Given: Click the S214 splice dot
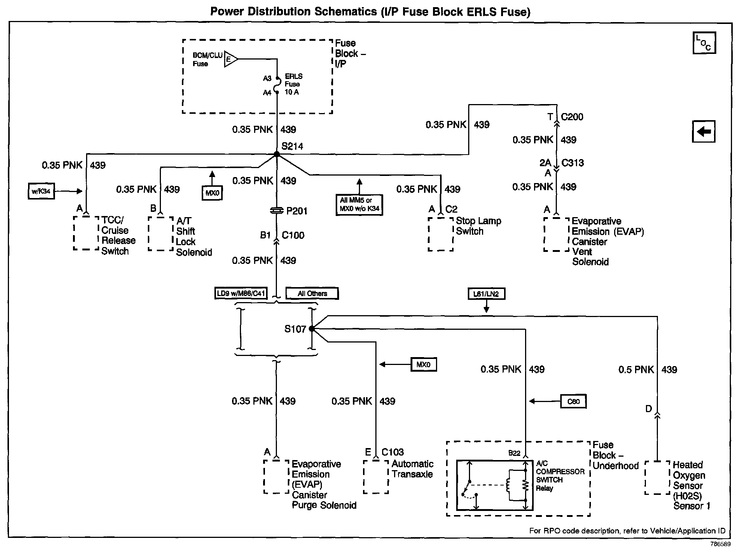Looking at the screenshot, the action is [x=277, y=154].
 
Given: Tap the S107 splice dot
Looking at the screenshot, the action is [x=312, y=329].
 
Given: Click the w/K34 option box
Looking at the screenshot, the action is [x=41, y=191].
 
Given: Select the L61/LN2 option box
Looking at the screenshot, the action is [x=486, y=294].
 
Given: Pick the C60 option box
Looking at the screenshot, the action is [x=573, y=401].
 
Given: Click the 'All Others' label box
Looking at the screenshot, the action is [x=312, y=293].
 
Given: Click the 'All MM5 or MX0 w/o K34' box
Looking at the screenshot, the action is [x=359, y=205].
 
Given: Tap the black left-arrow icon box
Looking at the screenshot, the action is [x=704, y=131].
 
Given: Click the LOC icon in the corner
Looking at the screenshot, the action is [x=704, y=43].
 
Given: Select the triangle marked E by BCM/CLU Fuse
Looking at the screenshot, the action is [x=231, y=59].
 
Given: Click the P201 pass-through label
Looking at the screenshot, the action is [x=297, y=211].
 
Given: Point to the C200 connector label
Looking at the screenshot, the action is [x=572, y=117].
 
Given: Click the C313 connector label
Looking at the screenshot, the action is [x=573, y=163].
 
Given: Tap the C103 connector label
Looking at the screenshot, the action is [x=393, y=452].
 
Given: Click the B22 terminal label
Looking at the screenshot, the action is [x=514, y=453].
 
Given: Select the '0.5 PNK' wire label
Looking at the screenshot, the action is [x=636, y=370].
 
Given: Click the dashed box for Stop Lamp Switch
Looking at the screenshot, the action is [x=440, y=234].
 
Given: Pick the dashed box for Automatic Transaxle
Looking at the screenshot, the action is [x=376, y=477].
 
